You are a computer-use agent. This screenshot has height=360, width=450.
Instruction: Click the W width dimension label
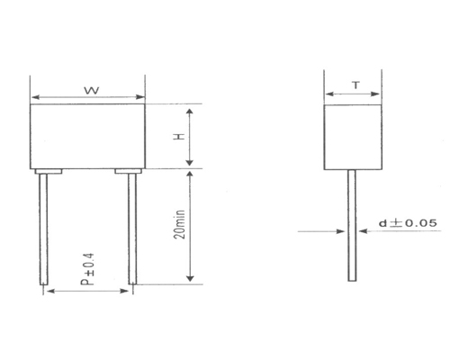90,90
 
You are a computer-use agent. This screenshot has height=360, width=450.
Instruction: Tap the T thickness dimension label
355,85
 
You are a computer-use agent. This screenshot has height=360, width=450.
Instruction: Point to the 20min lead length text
181,226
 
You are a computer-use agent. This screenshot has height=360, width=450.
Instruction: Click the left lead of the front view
43,229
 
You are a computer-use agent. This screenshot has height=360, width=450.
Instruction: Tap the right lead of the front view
133,229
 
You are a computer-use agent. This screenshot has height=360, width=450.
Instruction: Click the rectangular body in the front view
88,135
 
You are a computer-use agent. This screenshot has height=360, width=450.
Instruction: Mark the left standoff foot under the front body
48,170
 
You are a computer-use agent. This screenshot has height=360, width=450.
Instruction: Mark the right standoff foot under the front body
129,170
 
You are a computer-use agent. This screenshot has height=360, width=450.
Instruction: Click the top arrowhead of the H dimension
191,110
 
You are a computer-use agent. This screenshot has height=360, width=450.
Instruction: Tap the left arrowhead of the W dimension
37,97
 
